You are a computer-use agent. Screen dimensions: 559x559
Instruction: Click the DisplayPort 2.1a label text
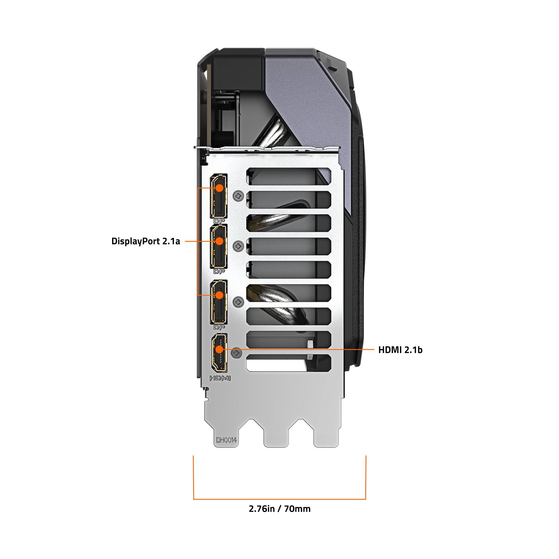click(146, 241)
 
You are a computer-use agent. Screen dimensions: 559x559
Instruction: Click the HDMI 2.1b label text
click(400, 350)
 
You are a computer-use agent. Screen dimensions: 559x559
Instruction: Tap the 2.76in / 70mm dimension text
click(279, 509)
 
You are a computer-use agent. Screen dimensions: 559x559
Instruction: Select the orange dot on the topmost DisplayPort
click(220, 188)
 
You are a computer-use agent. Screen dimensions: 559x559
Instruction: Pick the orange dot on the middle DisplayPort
click(220, 241)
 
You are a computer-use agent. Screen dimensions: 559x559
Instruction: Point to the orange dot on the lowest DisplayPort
click(220, 295)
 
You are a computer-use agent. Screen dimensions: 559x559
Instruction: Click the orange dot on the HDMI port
click(220, 350)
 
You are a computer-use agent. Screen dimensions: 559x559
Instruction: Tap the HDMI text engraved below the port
click(220, 378)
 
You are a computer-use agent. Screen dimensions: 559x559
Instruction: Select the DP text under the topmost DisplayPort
click(219, 221)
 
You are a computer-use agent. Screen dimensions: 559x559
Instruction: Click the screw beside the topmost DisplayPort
click(238, 196)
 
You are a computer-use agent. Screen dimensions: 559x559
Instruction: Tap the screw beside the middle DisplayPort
click(238, 246)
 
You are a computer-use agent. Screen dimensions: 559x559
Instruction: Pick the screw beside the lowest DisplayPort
click(238, 302)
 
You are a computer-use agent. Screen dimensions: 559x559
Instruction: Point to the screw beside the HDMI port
click(237, 353)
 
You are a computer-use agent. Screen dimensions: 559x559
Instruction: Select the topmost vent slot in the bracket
click(289, 176)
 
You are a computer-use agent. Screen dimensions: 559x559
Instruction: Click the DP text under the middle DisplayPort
click(219, 271)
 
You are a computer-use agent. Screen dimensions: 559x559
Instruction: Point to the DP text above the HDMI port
click(219, 328)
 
